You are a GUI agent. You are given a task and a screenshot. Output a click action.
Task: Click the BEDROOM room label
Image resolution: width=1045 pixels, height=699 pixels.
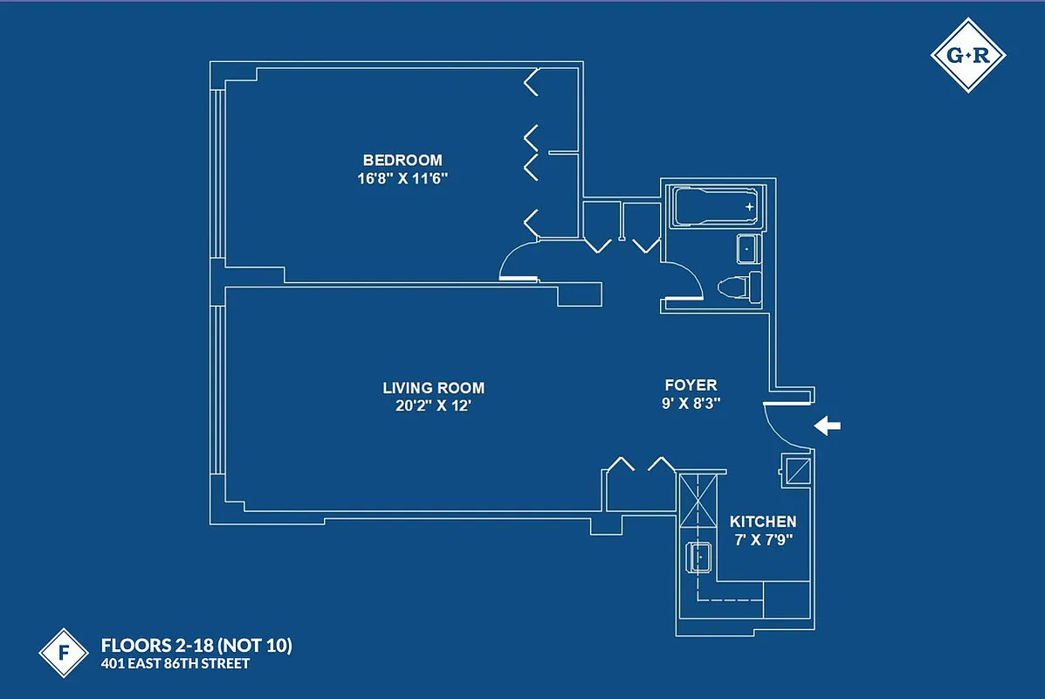[402, 160]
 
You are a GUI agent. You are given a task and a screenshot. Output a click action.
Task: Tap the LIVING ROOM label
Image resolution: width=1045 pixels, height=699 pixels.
[433, 388]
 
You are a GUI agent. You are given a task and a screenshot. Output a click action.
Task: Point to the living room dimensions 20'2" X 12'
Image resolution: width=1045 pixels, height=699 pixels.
[433, 406]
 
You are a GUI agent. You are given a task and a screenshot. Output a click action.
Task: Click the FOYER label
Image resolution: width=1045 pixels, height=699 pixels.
[691, 385]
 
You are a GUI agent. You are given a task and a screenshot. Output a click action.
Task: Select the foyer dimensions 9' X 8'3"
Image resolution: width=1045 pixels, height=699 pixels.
[691, 404]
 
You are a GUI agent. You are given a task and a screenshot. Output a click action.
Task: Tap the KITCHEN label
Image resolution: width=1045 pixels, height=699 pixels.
[763, 522]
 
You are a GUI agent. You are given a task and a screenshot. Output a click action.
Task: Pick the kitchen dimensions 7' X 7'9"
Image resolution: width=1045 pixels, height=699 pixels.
[763, 540]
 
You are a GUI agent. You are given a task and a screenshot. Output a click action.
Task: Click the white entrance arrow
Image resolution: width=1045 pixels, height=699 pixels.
[827, 426]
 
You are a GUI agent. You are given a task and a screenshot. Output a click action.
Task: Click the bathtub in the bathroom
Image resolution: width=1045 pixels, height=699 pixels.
[713, 208]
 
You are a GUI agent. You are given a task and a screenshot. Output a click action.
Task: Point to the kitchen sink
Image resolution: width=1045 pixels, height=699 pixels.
[700, 556]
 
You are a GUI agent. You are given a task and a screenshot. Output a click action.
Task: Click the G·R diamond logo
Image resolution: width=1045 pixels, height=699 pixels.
[968, 55]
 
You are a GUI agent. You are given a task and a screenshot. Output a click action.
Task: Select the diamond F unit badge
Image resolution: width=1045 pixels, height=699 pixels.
[64, 653]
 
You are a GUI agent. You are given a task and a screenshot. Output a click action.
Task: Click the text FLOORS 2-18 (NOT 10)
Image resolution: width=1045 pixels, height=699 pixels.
[196, 647]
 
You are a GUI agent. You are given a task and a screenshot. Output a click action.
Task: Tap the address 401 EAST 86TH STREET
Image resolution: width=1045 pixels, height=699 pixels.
[175, 664]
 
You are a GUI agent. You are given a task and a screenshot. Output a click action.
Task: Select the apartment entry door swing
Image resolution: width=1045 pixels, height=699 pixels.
[787, 426]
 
